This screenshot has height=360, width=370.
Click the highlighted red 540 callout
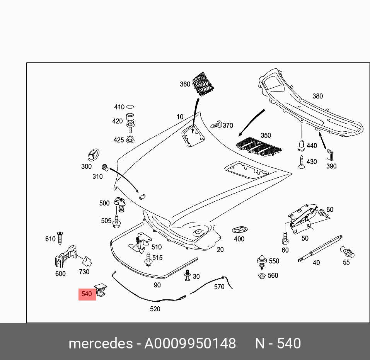(x=87, y=294)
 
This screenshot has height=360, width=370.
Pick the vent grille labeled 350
(x=259, y=146)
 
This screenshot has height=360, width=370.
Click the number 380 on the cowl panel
(x=317, y=96)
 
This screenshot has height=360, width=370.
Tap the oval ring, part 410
(x=131, y=107)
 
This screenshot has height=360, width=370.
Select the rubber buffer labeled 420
(x=130, y=121)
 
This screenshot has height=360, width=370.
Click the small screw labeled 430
(x=301, y=162)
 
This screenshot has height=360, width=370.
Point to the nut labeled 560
(x=261, y=275)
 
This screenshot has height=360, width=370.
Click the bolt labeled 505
(x=116, y=221)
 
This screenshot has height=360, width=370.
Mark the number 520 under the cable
(x=155, y=309)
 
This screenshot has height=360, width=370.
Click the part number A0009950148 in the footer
(x=190, y=343)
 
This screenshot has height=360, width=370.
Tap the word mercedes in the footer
(x=100, y=343)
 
